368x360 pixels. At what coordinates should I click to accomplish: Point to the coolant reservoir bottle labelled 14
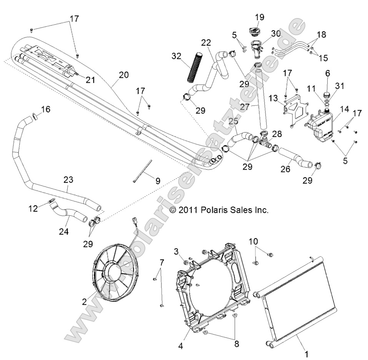[x=320, y=125]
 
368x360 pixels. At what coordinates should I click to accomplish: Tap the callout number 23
[x=68, y=179]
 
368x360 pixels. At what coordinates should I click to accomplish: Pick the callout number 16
[x=45, y=110]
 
